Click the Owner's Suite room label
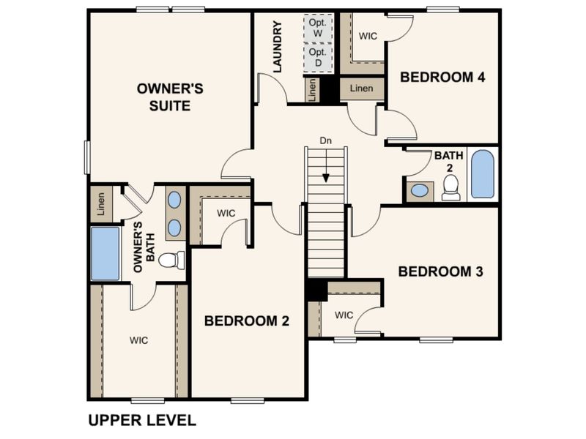point(170,97)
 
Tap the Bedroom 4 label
point(443,78)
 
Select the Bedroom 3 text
point(441,271)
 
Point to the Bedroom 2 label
point(247,321)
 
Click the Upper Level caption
point(142,420)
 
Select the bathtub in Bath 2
point(483,174)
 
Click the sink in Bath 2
point(420,190)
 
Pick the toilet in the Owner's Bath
point(171,260)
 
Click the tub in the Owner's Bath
point(105,253)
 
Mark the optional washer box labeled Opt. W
point(318,28)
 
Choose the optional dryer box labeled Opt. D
point(318,58)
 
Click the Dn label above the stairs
point(325,140)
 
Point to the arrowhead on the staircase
point(326,178)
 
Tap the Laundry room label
point(278,47)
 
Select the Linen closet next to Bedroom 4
point(361,89)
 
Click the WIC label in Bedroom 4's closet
point(368,36)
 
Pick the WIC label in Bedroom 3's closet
point(344,315)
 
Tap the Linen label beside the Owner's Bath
point(101,204)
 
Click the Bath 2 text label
point(449,161)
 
